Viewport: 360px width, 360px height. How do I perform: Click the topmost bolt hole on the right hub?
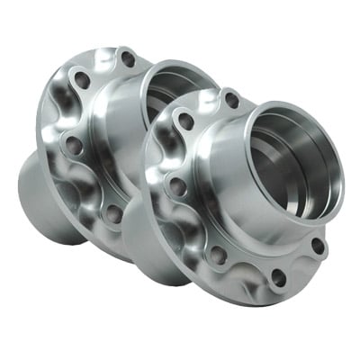pos(231,101)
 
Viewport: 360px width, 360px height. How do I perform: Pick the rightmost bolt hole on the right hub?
pos(317,245)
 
